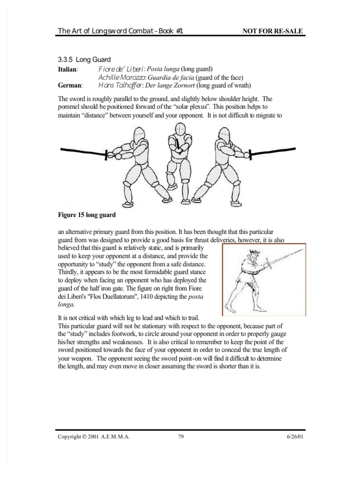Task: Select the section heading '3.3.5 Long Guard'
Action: click(83, 60)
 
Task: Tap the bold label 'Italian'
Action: click(67, 70)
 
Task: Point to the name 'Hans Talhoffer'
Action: click(121, 86)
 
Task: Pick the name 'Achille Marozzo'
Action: click(123, 78)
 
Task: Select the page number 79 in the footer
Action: click(180, 436)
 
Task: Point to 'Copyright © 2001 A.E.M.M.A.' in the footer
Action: click(93, 436)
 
